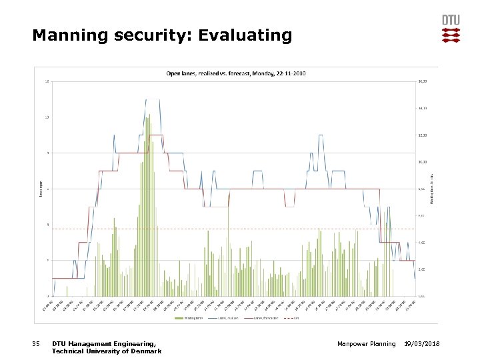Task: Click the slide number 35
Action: (x=37, y=343)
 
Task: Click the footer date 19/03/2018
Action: (x=426, y=343)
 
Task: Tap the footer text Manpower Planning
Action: (x=367, y=343)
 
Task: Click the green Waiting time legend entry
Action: (x=189, y=318)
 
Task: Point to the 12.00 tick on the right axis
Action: (x=421, y=135)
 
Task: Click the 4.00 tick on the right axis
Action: (x=421, y=242)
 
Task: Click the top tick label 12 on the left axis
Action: (x=46, y=82)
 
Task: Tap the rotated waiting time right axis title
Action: (x=431, y=189)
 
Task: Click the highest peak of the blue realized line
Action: (x=153, y=99)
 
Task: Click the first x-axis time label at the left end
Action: (x=49, y=305)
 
